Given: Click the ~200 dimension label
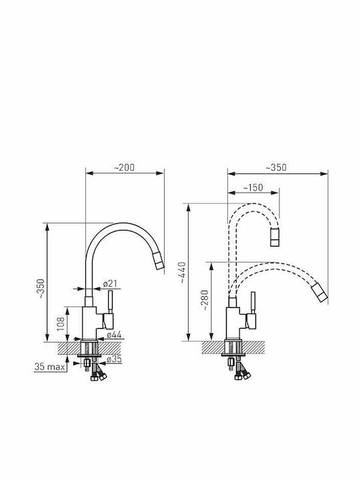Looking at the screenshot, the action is click(124, 167).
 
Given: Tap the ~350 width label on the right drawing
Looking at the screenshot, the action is click(276, 168).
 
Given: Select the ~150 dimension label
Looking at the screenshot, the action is click(253, 187).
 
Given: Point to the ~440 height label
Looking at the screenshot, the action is click(183, 272).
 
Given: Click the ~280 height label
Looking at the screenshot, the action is click(205, 300).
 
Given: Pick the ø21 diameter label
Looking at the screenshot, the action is click(110, 283).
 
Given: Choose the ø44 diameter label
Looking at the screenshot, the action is click(114, 335).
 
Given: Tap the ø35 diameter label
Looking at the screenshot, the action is click(114, 359).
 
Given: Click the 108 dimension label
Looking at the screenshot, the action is click(61, 324).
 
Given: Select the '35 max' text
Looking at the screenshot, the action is click(49, 367).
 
